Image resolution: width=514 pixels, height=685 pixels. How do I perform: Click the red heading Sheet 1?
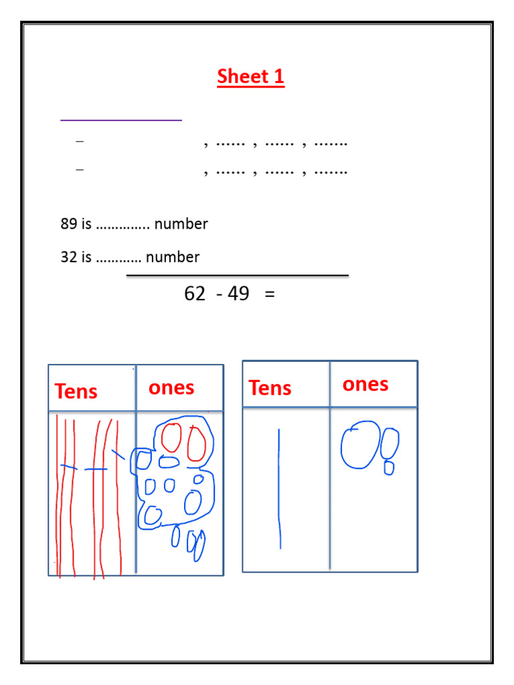click(251, 77)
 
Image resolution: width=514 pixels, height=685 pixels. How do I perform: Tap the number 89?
click(69, 224)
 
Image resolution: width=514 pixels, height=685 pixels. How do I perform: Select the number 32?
click(69, 257)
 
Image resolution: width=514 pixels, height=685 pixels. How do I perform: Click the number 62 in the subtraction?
click(195, 294)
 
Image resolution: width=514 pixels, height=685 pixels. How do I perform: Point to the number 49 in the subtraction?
click(238, 294)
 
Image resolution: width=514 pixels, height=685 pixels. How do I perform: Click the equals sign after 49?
click(270, 294)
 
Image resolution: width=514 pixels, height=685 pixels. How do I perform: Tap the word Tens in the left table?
click(76, 391)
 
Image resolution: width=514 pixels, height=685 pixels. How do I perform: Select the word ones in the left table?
click(171, 388)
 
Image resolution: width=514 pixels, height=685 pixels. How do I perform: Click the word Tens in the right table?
click(270, 388)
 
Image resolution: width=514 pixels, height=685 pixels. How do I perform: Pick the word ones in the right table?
click(365, 384)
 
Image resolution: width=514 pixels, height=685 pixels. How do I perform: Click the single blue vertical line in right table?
click(279, 488)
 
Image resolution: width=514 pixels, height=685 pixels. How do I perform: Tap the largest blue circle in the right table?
click(360, 445)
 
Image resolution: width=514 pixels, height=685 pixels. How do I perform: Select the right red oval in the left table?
click(196, 443)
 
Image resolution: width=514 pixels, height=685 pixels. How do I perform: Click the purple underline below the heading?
click(121, 120)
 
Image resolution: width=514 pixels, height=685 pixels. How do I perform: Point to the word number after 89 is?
click(181, 224)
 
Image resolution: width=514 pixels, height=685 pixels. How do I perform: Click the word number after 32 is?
click(173, 257)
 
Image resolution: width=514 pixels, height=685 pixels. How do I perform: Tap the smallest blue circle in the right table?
click(389, 468)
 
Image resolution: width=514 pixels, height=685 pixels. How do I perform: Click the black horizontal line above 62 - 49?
click(238, 275)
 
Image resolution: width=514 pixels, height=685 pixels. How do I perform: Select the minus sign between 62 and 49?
click(220, 294)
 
